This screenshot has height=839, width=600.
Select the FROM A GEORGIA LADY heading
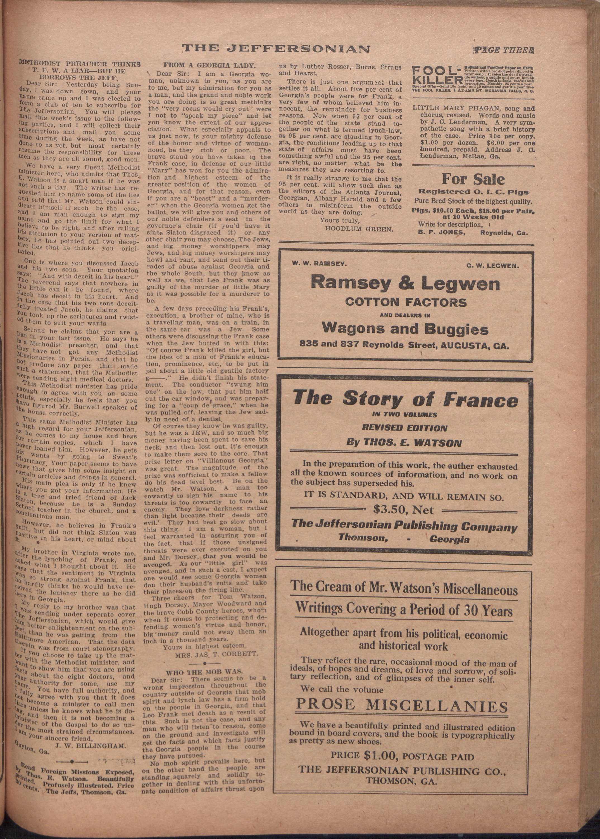(209, 65)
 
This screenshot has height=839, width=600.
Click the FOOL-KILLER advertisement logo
(436, 75)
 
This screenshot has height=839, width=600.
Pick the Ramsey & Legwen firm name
(405, 283)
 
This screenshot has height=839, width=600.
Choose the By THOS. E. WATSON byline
(404, 442)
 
